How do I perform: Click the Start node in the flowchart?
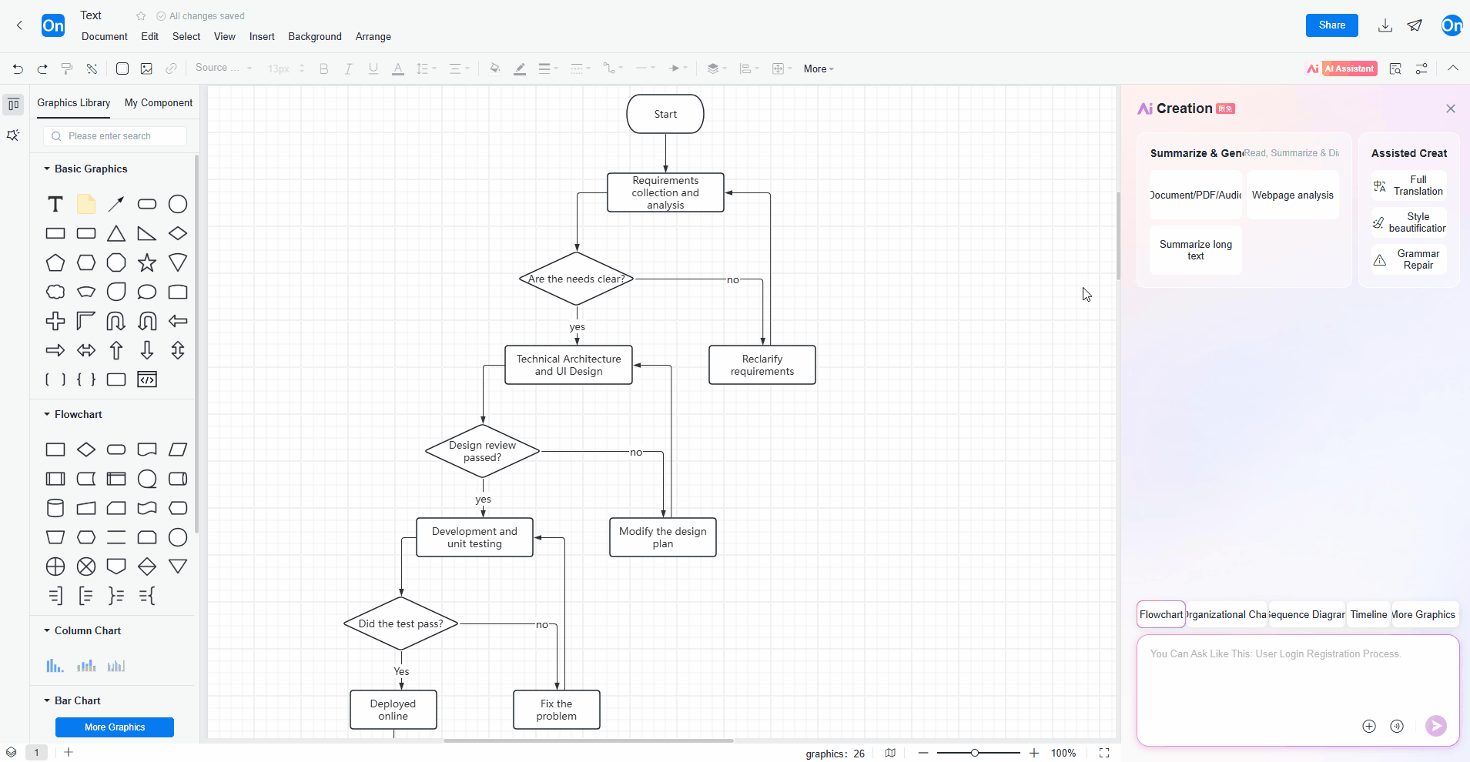pos(665,114)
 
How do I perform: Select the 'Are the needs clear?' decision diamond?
pos(577,279)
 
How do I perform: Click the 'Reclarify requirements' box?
pos(762,365)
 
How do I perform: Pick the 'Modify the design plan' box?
pos(662,537)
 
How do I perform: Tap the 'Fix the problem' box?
pos(556,710)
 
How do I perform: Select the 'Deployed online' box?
pos(393,710)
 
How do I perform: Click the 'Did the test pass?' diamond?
pos(400,623)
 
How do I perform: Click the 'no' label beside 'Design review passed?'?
pos(636,453)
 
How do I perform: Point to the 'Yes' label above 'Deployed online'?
pos(401,671)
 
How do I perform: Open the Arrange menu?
pos(373,36)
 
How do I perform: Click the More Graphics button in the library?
pos(115,727)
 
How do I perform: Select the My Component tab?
pos(159,102)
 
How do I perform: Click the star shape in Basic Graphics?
pos(147,263)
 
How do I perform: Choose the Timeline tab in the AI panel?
pos(1368,614)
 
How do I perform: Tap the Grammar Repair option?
pos(1409,259)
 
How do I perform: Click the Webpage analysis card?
pos(1292,195)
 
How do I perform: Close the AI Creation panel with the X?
pos(1451,109)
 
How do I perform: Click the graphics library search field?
pos(116,136)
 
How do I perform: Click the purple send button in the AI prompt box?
pos(1435,726)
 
